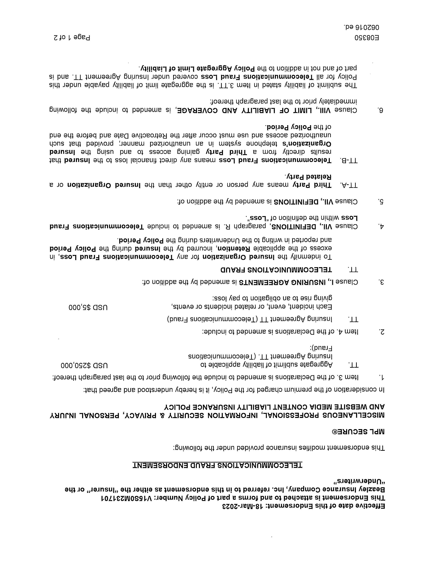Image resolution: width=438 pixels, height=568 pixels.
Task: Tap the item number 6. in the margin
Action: (x=381, y=110)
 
